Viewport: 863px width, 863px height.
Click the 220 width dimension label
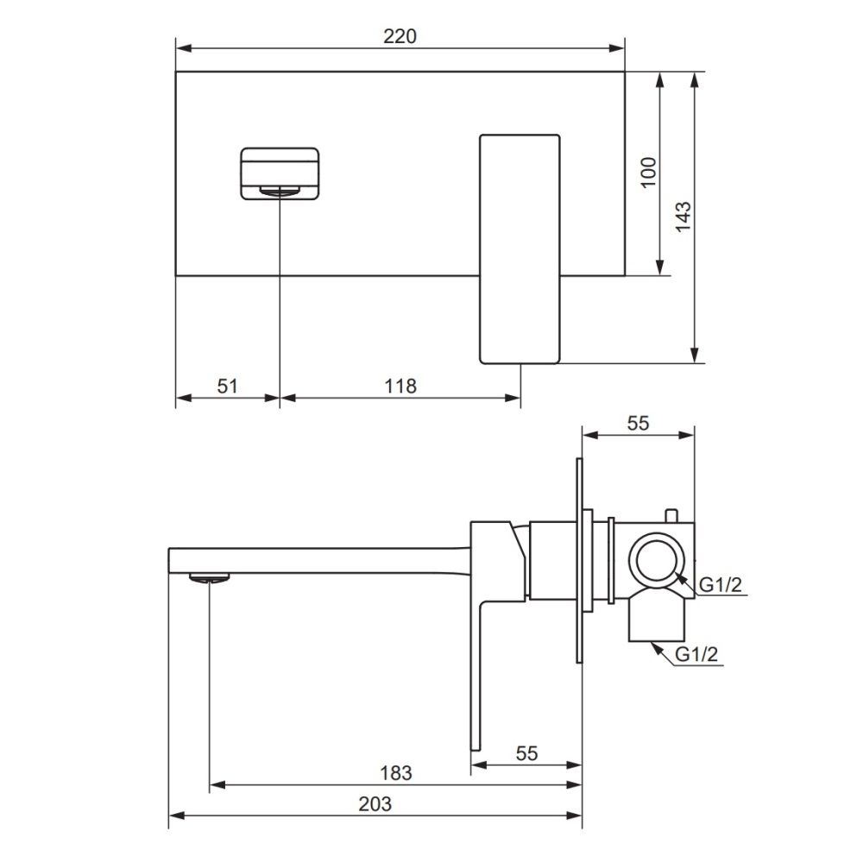tap(400, 36)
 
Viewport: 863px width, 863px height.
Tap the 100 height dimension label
tap(650, 173)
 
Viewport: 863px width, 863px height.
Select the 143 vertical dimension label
tap(683, 217)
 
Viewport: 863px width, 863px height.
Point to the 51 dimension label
tap(227, 386)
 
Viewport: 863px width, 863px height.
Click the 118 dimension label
tap(400, 386)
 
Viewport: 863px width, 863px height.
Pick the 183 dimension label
tap(396, 773)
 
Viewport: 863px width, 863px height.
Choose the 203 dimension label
tap(375, 804)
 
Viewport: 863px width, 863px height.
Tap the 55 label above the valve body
tap(638, 423)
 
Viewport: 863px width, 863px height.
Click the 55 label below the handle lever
tap(526, 753)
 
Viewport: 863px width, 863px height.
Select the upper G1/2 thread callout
tap(720, 585)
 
